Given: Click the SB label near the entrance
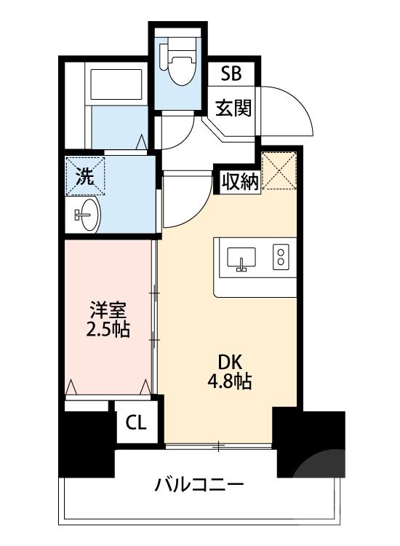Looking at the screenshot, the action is coord(231,73).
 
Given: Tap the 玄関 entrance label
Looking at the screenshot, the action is coord(233,107).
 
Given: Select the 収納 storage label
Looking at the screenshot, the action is coord(240,182).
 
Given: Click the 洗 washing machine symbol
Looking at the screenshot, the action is coord(85,176).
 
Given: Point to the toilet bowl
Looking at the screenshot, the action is coord(181,63).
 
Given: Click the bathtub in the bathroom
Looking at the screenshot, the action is coord(116,84).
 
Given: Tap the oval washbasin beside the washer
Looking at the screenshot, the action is coord(87,215).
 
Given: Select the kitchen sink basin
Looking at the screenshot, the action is coord(241,258).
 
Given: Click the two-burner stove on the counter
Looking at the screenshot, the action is coord(281,257).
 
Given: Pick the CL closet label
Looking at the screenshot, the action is coord(136,422).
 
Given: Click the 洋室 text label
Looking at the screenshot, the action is coord(108,310).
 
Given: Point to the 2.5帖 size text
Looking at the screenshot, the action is coord(108,329).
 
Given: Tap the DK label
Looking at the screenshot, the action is coord(229,363).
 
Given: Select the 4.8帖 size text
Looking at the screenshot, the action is coord(229,381).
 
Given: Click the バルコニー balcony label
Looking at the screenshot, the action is coord(200,485).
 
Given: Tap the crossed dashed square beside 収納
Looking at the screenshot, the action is coord(279,170).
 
